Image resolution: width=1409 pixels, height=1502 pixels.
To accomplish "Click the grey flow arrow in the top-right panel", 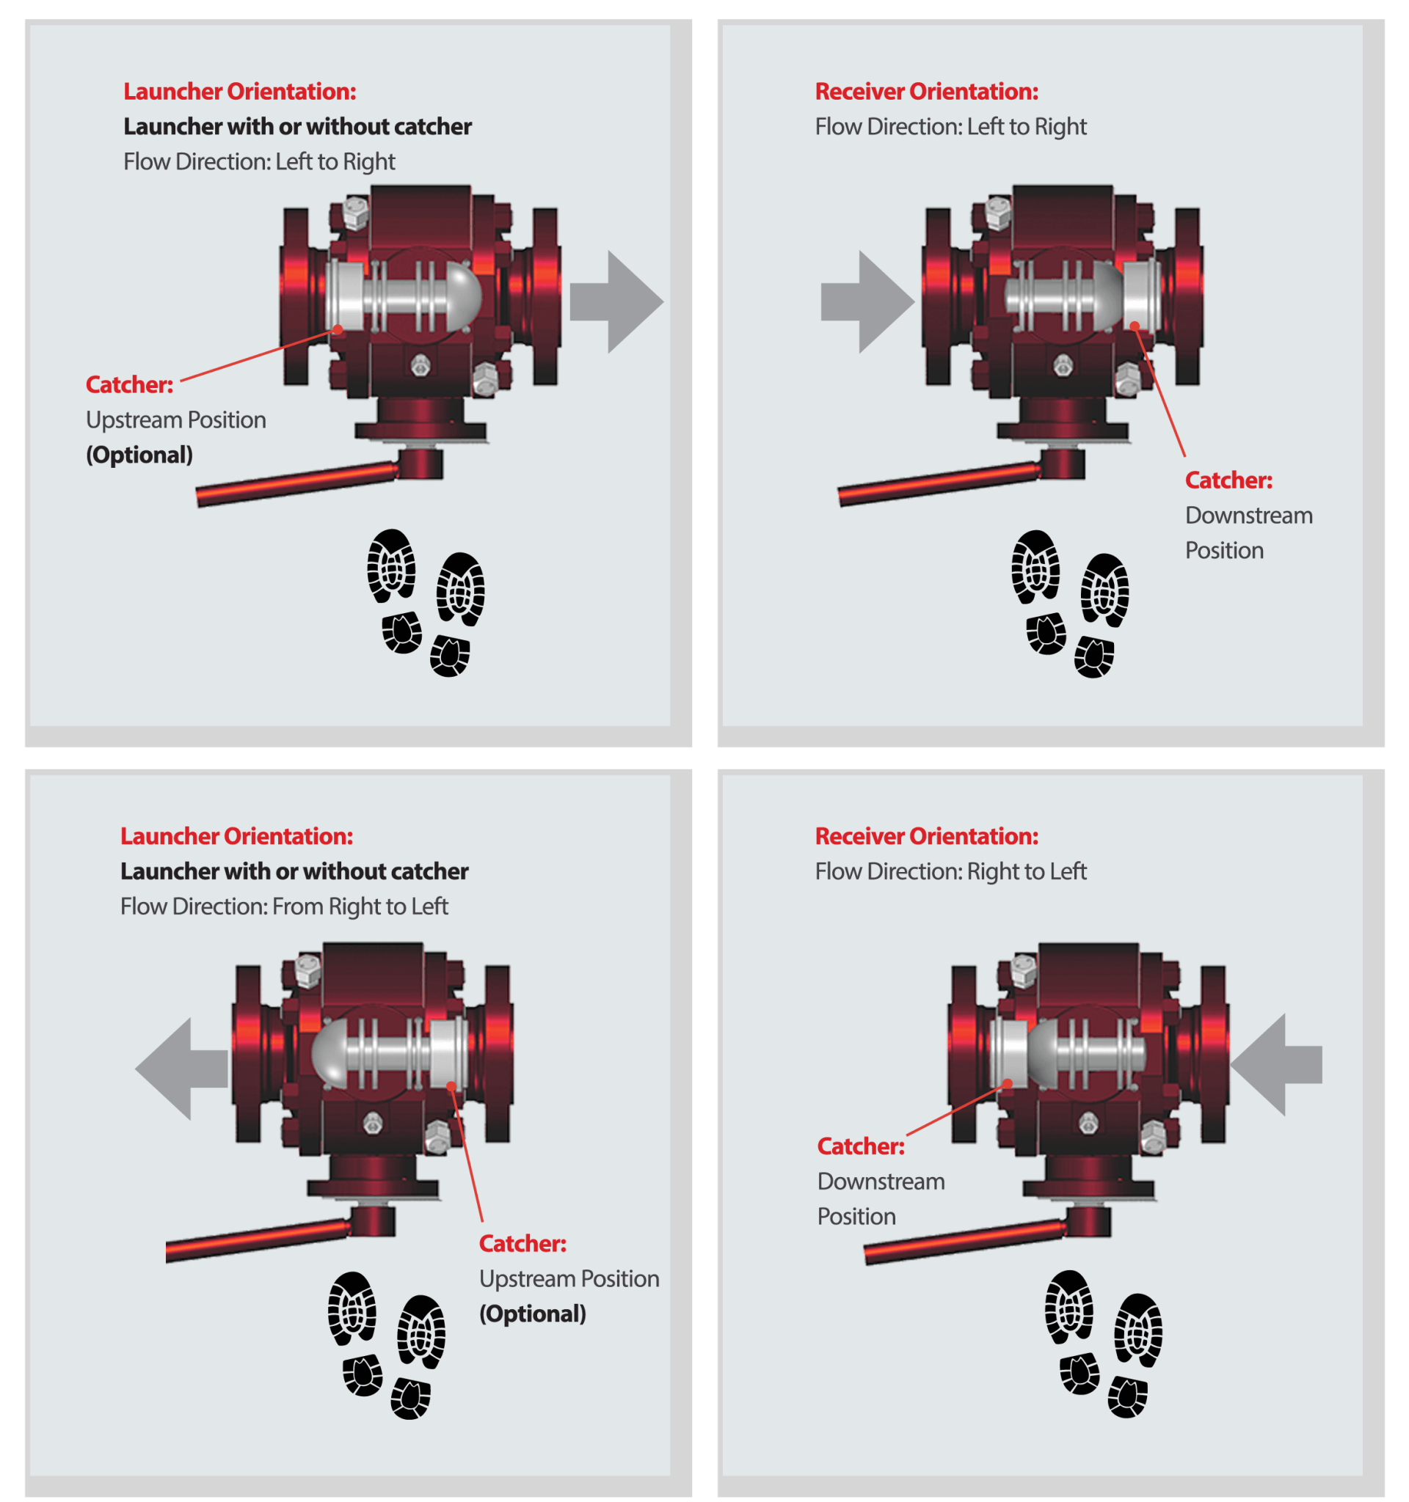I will (x=867, y=302).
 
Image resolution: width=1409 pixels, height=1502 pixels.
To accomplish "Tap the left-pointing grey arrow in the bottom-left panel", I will (x=182, y=1069).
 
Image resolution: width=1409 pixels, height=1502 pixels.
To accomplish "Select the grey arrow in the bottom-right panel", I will (x=1277, y=1065).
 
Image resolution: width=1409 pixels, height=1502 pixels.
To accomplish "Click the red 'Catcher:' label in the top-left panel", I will (x=129, y=384).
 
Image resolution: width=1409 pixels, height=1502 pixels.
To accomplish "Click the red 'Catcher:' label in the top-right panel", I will (x=1228, y=480).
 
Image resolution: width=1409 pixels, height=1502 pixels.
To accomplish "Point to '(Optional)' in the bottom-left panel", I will (x=532, y=1313).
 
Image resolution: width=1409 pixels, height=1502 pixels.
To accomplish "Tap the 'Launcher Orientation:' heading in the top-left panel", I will (x=240, y=92).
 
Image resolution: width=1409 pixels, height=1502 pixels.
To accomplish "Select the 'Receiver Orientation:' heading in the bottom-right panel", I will (x=926, y=835).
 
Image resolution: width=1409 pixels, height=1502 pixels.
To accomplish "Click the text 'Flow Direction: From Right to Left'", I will (x=284, y=906).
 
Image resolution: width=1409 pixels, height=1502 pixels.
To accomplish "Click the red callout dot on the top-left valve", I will (x=338, y=329).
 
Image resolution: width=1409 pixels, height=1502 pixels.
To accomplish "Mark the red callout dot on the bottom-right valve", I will (x=1007, y=1083).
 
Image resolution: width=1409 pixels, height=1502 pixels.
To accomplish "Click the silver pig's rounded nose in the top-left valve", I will (x=462, y=293).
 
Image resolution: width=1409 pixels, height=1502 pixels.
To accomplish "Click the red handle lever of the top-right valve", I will (x=937, y=483).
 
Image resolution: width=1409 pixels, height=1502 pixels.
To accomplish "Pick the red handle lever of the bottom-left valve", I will (x=257, y=1239).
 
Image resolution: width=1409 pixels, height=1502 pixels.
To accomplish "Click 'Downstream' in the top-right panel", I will (x=1248, y=516).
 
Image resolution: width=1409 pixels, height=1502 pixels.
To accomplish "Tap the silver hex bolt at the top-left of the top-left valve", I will (x=354, y=212).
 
